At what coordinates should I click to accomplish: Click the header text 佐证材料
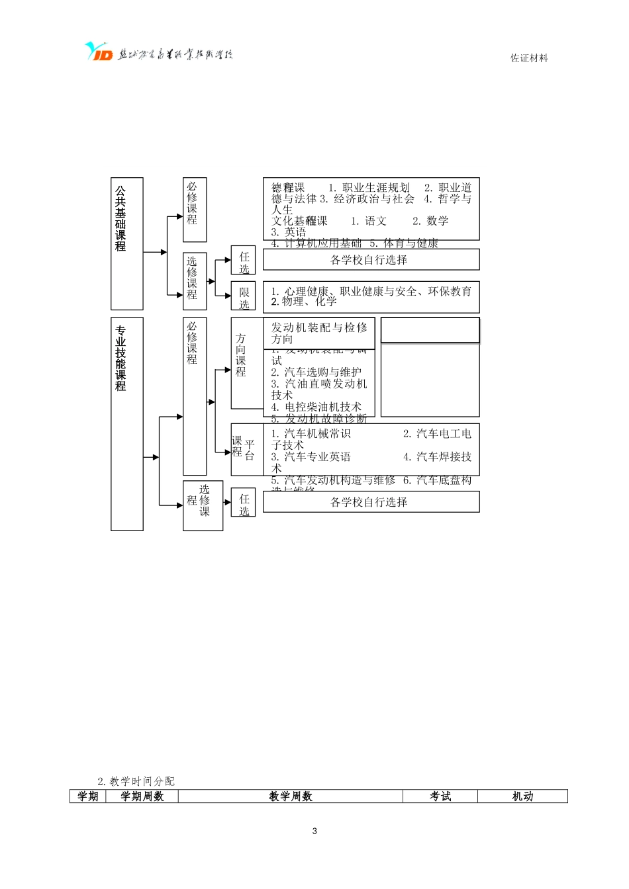[x=529, y=58]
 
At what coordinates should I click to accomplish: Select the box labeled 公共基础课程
[x=126, y=243]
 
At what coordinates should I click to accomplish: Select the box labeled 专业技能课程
[x=126, y=423]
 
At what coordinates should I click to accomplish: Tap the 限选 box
[x=244, y=296]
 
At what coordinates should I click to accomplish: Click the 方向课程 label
[x=240, y=355]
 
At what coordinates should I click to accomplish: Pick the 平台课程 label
[x=243, y=449]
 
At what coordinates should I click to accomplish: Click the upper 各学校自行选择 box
[x=371, y=260]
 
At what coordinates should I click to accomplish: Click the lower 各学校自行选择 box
[x=371, y=502]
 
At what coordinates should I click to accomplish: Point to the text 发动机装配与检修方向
[x=319, y=333]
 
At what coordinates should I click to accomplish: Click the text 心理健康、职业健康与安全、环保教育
[x=376, y=291]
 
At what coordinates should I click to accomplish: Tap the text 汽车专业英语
[x=317, y=457]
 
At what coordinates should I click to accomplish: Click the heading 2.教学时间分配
[x=136, y=781]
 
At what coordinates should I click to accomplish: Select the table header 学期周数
[x=142, y=796]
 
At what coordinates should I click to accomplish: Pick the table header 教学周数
[x=290, y=796]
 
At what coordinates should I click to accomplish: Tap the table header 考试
[x=440, y=796]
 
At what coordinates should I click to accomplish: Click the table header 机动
[x=522, y=796]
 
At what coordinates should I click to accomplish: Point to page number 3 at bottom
[x=314, y=831]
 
